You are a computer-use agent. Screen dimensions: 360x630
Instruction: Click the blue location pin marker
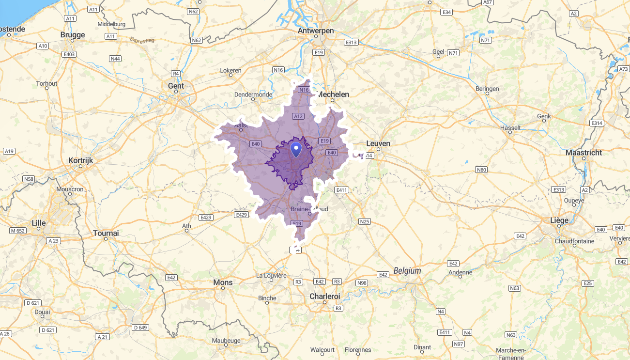(296, 149)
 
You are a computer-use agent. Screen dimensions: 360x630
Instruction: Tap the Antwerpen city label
(316, 31)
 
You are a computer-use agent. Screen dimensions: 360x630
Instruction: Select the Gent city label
(176, 86)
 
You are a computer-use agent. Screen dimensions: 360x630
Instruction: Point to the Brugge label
(73, 35)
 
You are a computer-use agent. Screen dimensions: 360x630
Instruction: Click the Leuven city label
(378, 143)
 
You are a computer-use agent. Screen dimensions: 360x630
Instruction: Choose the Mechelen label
(333, 94)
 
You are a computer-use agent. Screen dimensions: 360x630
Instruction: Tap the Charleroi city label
(325, 296)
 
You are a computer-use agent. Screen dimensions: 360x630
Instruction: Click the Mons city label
(223, 282)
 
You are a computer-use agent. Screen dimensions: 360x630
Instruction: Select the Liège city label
(559, 220)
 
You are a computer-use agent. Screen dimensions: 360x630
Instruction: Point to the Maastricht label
(584, 153)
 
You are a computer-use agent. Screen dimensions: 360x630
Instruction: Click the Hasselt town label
(510, 128)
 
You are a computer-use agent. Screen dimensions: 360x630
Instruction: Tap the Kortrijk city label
(80, 160)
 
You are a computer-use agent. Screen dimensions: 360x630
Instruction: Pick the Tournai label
(106, 233)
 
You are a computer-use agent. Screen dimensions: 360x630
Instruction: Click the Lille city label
(38, 223)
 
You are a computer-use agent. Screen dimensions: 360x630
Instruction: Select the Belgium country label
(407, 271)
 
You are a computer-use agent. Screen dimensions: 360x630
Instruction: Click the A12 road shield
(298, 116)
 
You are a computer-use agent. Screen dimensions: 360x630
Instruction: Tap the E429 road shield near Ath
(206, 218)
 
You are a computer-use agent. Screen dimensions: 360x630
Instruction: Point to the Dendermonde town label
(253, 94)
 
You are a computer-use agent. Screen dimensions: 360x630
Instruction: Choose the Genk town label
(544, 116)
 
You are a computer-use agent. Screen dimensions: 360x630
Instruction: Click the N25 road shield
(364, 221)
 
